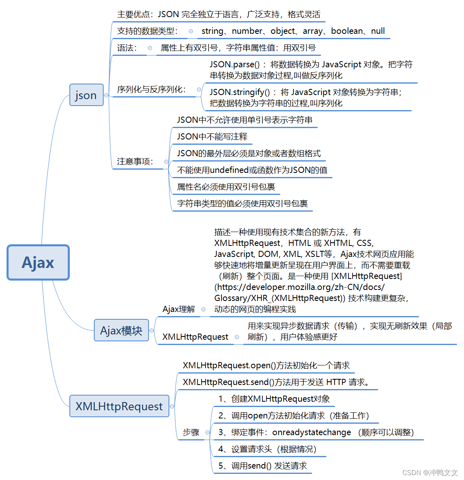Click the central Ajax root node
(38, 263)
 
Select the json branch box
(86, 95)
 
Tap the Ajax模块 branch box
(121, 330)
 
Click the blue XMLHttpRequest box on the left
(119, 406)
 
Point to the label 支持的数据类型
(147, 31)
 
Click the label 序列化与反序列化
(151, 89)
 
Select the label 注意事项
(135, 161)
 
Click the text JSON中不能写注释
(212, 137)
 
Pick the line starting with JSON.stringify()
(305, 92)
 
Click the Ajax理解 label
(179, 309)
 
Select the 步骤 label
(191, 432)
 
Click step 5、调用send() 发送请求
(262, 466)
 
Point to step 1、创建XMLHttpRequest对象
(274, 399)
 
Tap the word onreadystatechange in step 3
(311, 432)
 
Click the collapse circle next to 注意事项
(166, 162)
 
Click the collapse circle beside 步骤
(207, 432)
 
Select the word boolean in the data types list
(346, 31)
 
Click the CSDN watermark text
(430, 473)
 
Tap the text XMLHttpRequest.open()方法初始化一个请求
(266, 365)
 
